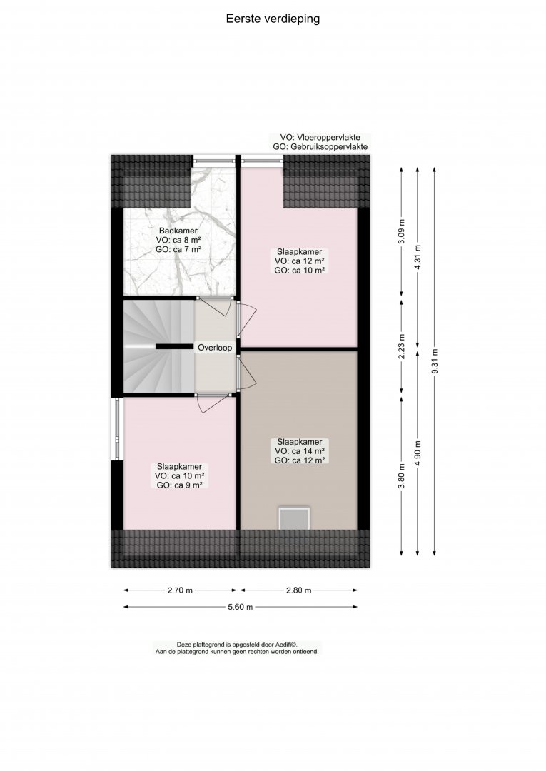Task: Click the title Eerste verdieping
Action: pyautogui.click(x=273, y=19)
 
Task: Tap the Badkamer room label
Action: pyautogui.click(x=178, y=231)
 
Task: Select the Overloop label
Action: pyautogui.click(x=215, y=348)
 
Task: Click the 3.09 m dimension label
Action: pyautogui.click(x=402, y=231)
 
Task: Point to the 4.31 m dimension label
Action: pyautogui.click(x=418, y=257)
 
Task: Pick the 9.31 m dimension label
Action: pyautogui.click(x=434, y=361)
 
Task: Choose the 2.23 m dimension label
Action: pyautogui.click(x=402, y=347)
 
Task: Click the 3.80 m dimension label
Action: pyautogui.click(x=402, y=476)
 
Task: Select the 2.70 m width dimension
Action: pyautogui.click(x=180, y=590)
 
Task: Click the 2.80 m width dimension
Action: pyautogui.click(x=299, y=590)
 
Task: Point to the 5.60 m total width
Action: pyautogui.click(x=241, y=607)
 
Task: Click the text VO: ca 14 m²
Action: pyautogui.click(x=299, y=451)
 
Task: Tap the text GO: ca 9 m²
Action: pyautogui.click(x=179, y=485)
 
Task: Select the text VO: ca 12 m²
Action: pyautogui.click(x=299, y=261)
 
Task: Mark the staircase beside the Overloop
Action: pyautogui.click(x=158, y=346)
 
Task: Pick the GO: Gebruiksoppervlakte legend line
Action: pyautogui.click(x=320, y=146)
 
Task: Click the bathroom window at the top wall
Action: pyautogui.click(x=214, y=159)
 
